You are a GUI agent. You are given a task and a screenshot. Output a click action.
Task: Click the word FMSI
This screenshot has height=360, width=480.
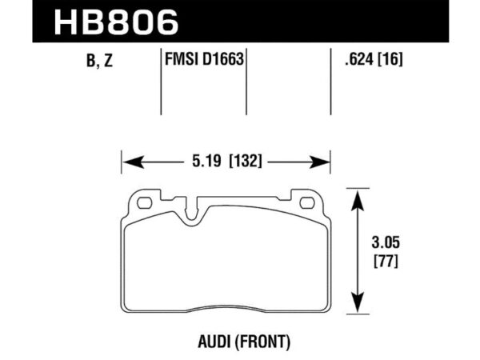pos(177,59)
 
